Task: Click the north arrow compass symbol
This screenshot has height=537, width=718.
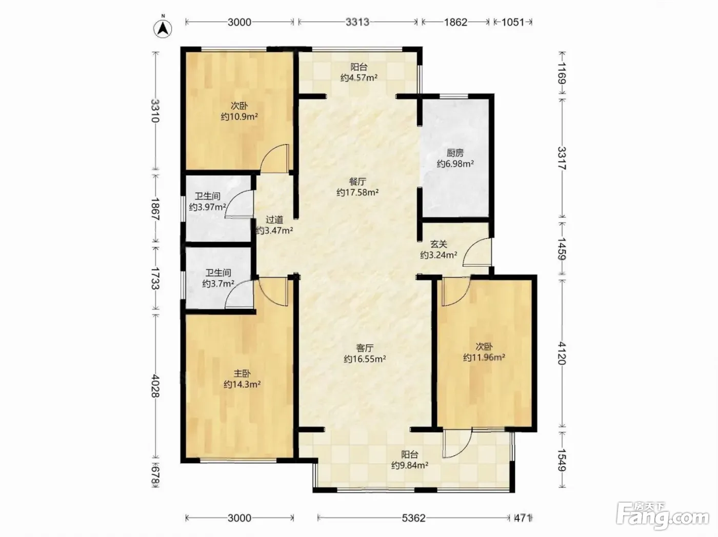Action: pyautogui.click(x=163, y=29)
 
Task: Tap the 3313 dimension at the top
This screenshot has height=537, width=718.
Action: pyautogui.click(x=357, y=22)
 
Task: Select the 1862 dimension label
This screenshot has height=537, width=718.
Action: pyautogui.click(x=455, y=22)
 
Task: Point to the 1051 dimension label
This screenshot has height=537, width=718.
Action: pyautogui.click(x=512, y=22)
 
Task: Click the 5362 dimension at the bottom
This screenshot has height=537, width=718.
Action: pyautogui.click(x=413, y=518)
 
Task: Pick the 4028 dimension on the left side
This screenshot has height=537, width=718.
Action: pyautogui.click(x=155, y=386)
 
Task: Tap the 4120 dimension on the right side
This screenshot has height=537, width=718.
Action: pyautogui.click(x=562, y=353)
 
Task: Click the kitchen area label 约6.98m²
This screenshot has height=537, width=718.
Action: pyautogui.click(x=455, y=164)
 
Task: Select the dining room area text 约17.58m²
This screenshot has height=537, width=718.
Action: pyautogui.click(x=357, y=192)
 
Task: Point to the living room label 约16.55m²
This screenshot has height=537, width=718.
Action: pyautogui.click(x=365, y=359)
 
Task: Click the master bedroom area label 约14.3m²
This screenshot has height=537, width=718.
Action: pyautogui.click(x=242, y=384)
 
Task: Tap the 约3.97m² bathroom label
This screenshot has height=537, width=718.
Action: pyautogui.click(x=208, y=207)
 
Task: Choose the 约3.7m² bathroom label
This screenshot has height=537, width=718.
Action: pyautogui.click(x=218, y=284)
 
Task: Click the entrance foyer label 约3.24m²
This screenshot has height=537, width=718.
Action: pyautogui.click(x=438, y=255)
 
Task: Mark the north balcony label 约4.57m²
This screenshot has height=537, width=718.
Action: pyautogui.click(x=359, y=78)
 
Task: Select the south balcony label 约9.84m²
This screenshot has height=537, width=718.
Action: pyautogui.click(x=410, y=465)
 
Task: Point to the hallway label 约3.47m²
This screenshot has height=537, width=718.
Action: pyautogui.click(x=274, y=231)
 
